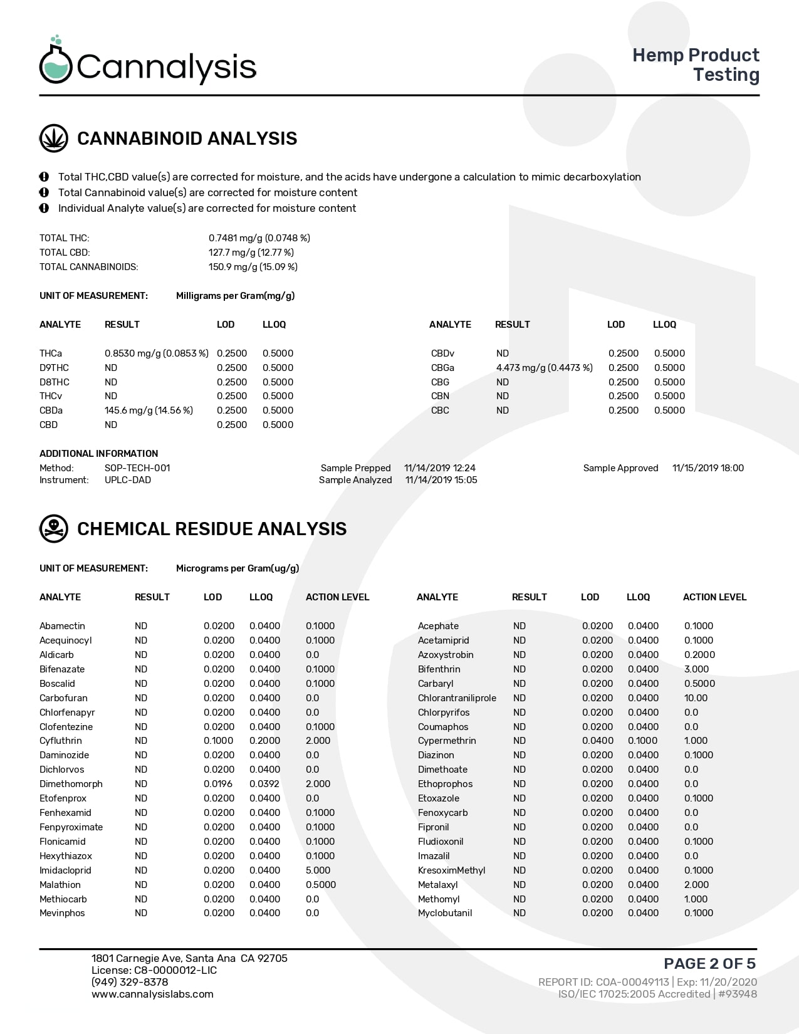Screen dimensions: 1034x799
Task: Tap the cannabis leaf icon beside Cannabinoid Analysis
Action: tap(54, 138)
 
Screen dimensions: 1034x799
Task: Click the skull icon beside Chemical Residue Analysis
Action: tap(54, 529)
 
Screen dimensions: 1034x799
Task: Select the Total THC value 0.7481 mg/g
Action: tap(259, 238)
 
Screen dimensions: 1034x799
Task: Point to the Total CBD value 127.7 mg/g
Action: tap(251, 253)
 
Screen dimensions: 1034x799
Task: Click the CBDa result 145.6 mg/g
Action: tap(149, 410)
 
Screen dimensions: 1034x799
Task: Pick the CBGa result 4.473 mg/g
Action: tap(544, 368)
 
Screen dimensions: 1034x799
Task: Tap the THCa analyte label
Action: tap(51, 353)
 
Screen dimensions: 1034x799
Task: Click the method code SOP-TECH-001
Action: tap(137, 468)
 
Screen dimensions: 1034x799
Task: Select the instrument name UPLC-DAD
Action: tap(128, 480)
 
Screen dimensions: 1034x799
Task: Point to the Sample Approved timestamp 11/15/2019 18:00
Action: tap(708, 468)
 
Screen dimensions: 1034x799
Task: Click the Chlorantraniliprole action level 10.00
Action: tap(696, 698)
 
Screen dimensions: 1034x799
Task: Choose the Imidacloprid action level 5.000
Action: tap(318, 870)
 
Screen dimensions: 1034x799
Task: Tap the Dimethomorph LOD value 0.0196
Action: tap(218, 784)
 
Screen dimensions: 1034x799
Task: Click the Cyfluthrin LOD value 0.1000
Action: tap(218, 741)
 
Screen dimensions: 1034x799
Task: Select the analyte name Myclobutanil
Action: tap(445, 913)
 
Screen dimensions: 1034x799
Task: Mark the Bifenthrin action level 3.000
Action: tap(696, 669)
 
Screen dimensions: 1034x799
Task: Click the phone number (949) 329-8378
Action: tap(130, 982)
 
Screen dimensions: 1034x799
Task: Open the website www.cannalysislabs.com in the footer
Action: tap(152, 994)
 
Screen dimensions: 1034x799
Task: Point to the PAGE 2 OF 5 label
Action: tap(709, 963)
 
